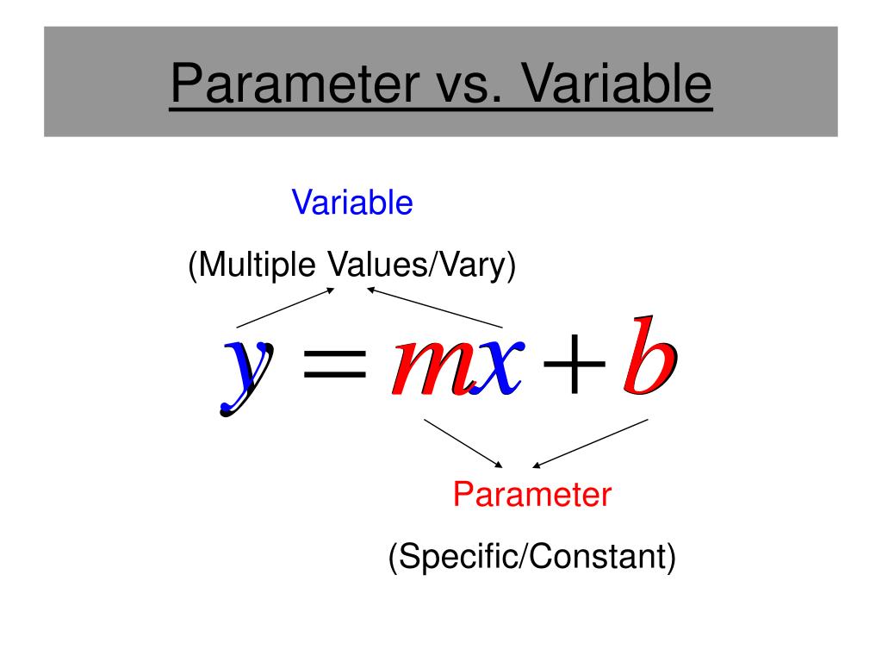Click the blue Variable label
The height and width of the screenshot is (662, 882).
pyautogui.click(x=352, y=203)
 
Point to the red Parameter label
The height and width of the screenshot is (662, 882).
pyautogui.click(x=532, y=495)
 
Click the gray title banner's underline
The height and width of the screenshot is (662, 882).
pyautogui.click(x=440, y=108)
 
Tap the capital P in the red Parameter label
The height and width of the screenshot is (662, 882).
pyautogui.click(x=463, y=495)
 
